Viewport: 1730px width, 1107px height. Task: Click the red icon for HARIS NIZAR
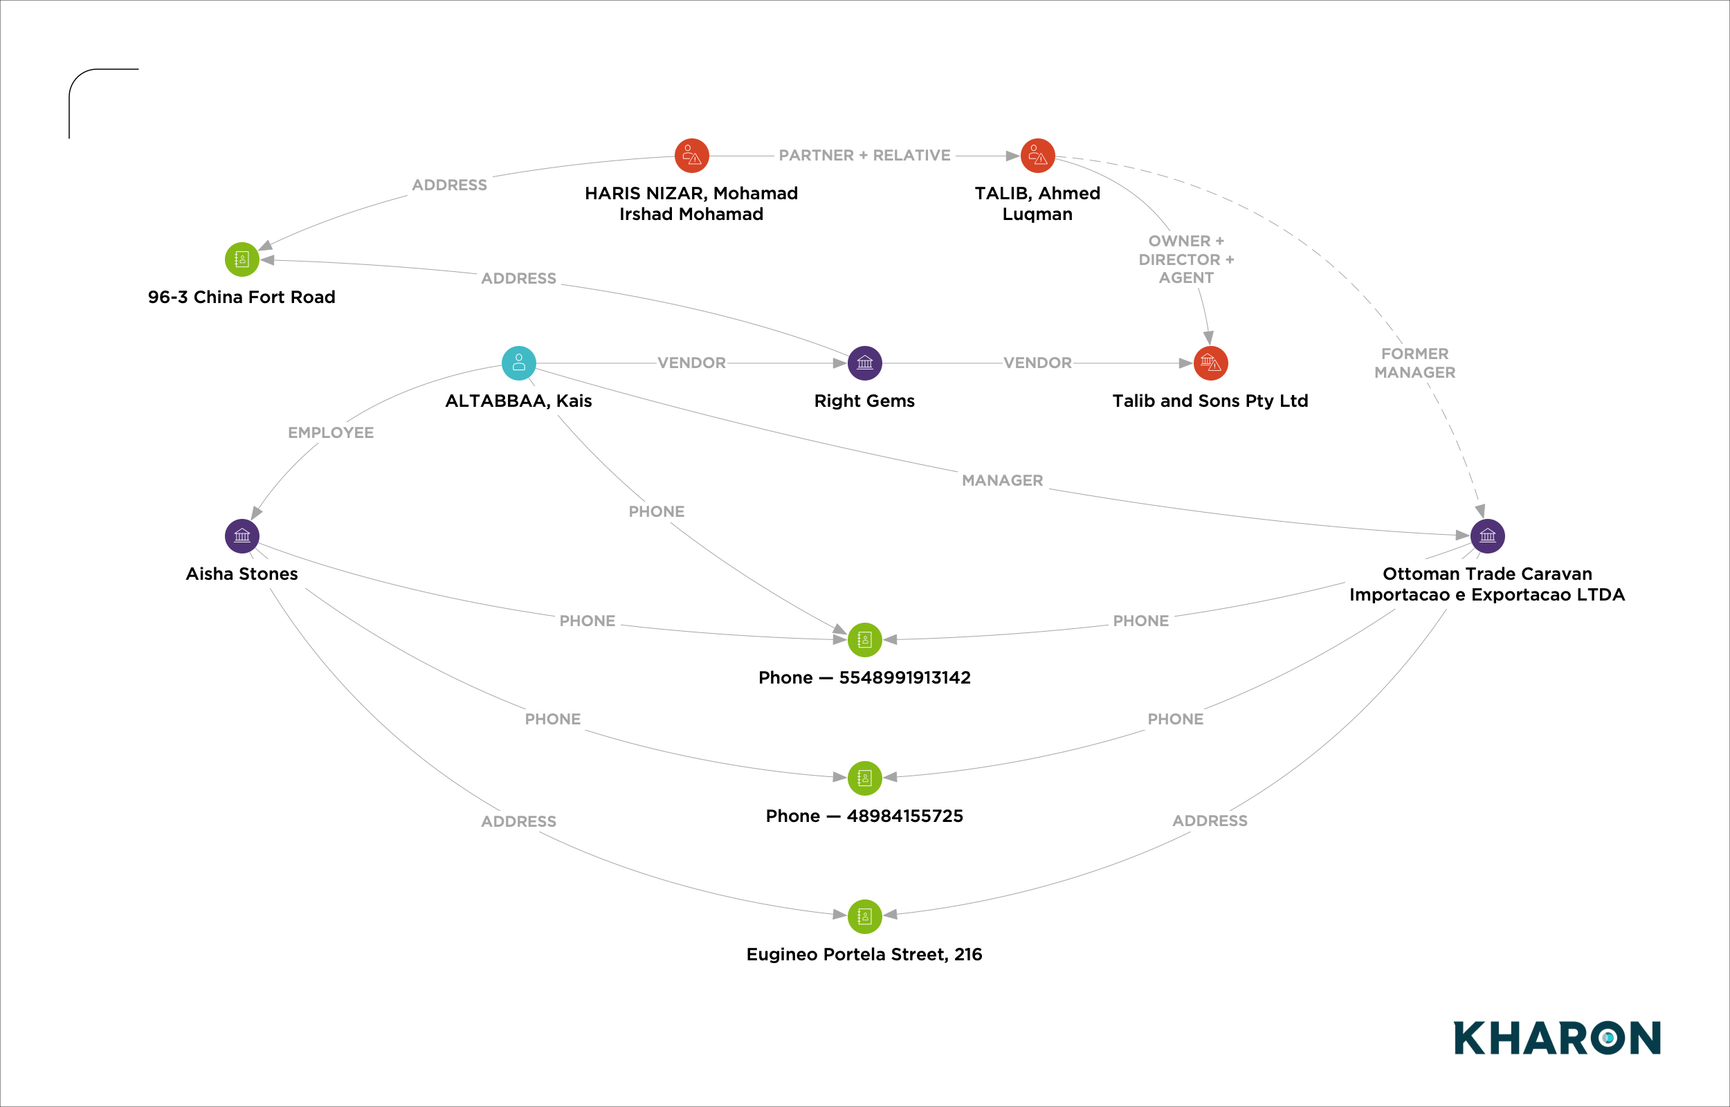coord(691,155)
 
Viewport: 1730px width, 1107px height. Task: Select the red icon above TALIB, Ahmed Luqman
coord(1037,155)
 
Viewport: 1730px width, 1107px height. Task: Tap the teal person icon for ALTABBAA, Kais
coord(518,363)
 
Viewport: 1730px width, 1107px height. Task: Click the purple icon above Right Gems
coord(864,363)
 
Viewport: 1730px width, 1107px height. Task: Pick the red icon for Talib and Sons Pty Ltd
coord(1210,363)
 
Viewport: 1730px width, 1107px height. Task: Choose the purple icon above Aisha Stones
coord(242,536)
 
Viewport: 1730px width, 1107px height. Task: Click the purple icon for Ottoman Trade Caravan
coord(1487,536)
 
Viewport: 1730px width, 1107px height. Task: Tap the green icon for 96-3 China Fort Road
coord(242,259)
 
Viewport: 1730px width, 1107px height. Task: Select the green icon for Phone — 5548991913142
coord(864,640)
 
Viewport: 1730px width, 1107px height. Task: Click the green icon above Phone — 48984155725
coord(864,778)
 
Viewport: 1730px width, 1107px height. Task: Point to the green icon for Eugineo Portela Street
coord(864,917)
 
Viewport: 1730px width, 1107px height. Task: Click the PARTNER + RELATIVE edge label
coord(864,155)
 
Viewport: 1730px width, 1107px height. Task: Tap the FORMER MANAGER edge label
coord(1414,363)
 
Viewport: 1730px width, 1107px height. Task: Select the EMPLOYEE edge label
coord(331,432)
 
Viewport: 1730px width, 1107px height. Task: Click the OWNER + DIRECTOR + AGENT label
coord(1186,259)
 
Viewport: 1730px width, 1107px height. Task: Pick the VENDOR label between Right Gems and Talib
coord(1037,363)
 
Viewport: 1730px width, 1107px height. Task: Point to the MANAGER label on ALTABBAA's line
coord(1002,480)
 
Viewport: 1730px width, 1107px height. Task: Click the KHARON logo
coord(1557,1037)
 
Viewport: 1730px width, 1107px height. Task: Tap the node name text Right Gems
coord(864,401)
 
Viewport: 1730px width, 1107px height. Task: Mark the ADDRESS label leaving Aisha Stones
coord(518,821)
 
